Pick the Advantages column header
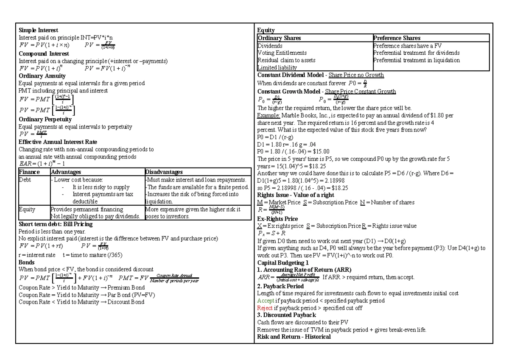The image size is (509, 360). [66, 172]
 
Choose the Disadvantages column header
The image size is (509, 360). [164, 172]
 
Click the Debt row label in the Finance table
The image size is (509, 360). [25, 179]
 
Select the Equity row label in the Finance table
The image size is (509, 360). [27, 209]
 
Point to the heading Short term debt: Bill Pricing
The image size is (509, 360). [56, 224]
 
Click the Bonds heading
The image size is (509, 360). [27, 262]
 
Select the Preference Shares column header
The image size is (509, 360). [397, 38]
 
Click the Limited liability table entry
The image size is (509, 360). [277, 67]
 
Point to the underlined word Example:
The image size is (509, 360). [268, 115]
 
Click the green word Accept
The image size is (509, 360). [266, 301]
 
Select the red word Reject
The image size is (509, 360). [265, 308]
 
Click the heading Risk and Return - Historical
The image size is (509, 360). [294, 337]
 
